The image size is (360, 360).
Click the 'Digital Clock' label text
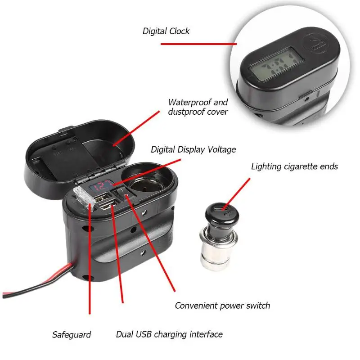pos(166,31)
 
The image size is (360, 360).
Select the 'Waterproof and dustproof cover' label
pos(198,107)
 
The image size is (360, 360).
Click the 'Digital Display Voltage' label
pos(193,149)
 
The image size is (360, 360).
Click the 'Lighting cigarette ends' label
pos(295,166)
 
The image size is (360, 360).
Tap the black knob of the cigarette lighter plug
pos(222,216)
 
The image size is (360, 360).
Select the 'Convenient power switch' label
pos(222,306)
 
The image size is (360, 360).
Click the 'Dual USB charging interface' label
pos(170,334)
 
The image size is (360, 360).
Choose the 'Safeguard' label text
pos(72,334)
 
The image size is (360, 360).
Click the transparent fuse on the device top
pos(84,198)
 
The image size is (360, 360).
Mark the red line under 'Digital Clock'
pos(198,44)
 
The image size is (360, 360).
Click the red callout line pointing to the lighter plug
pos(236,194)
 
